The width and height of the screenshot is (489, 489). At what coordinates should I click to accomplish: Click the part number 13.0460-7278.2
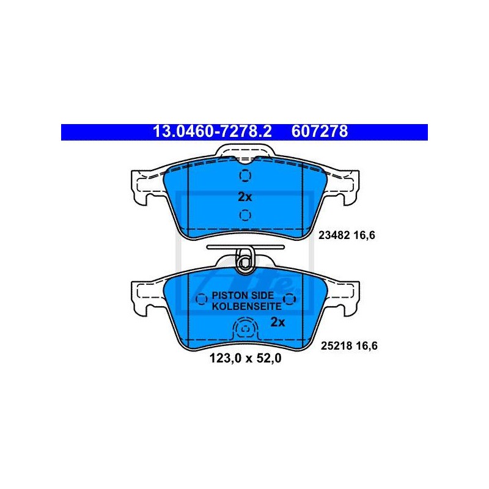pos(212,132)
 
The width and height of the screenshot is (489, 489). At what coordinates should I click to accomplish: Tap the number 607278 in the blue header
pos(319,132)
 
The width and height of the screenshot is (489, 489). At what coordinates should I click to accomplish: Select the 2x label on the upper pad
pos(244,197)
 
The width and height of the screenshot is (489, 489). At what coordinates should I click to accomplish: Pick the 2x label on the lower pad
pos(278,322)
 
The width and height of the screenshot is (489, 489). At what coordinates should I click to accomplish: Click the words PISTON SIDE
pos(243,295)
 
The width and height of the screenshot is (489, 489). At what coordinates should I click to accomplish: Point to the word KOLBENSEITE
pos(247,306)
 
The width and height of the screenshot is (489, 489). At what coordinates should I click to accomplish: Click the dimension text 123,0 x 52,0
pos(246,358)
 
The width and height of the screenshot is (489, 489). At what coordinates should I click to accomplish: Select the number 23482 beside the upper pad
pos(334,235)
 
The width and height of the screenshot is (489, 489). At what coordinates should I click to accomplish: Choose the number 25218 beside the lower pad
pos(337,346)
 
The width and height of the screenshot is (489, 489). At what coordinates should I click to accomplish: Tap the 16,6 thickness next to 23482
pos(364,235)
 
